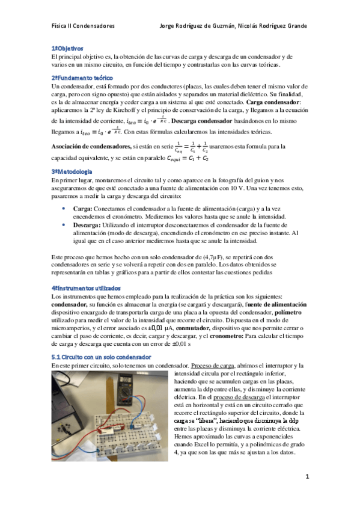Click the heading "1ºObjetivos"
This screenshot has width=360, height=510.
click(x=67, y=48)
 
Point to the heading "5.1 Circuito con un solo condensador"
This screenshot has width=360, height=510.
click(x=101, y=357)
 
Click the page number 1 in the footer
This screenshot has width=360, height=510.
click(x=307, y=476)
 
